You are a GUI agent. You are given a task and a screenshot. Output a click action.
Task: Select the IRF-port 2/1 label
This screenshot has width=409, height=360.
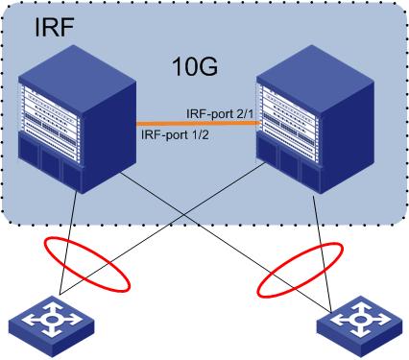coord(220,113)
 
